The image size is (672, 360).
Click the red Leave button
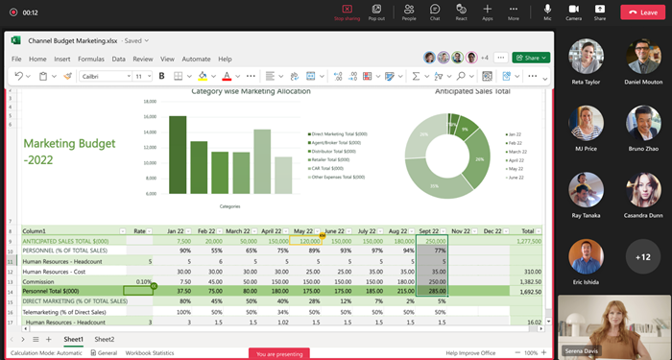(645, 12)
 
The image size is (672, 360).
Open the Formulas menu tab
(91, 59)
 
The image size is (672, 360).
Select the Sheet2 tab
(104, 339)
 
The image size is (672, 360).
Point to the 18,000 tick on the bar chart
(150, 101)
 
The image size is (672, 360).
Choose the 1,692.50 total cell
(528, 290)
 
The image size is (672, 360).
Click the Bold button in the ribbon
(162, 76)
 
